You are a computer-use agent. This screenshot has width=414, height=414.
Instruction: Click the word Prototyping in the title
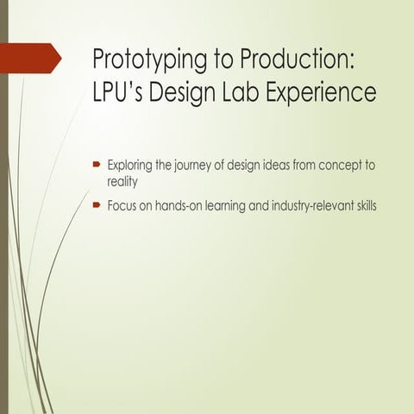tap(142, 60)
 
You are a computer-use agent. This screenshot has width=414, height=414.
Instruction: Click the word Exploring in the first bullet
tap(129, 165)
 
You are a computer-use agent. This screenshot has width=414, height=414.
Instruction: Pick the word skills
tap(361, 208)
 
